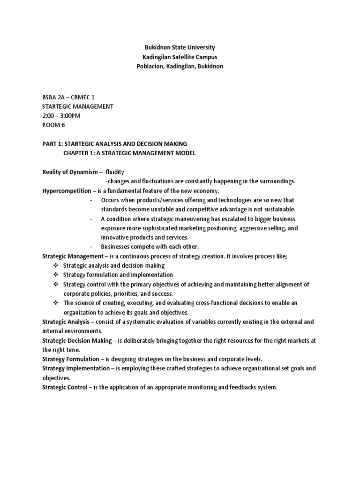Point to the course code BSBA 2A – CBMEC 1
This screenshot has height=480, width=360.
[71, 97]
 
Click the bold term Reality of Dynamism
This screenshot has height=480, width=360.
[70, 172]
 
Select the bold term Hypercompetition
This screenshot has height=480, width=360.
[65, 191]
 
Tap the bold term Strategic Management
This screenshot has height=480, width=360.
[72, 256]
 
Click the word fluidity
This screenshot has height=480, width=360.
[115, 172]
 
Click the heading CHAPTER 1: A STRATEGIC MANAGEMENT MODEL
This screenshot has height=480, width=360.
[129, 153]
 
